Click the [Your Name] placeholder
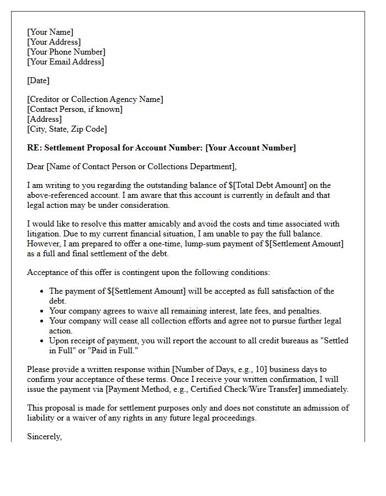coord(50,32)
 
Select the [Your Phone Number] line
coord(66,52)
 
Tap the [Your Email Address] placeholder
coord(65,62)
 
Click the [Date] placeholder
coord(38,80)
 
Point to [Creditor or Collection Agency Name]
coord(95,99)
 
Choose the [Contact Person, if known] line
coord(74,109)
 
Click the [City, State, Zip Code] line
coord(67,129)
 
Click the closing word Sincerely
coord(44,436)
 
